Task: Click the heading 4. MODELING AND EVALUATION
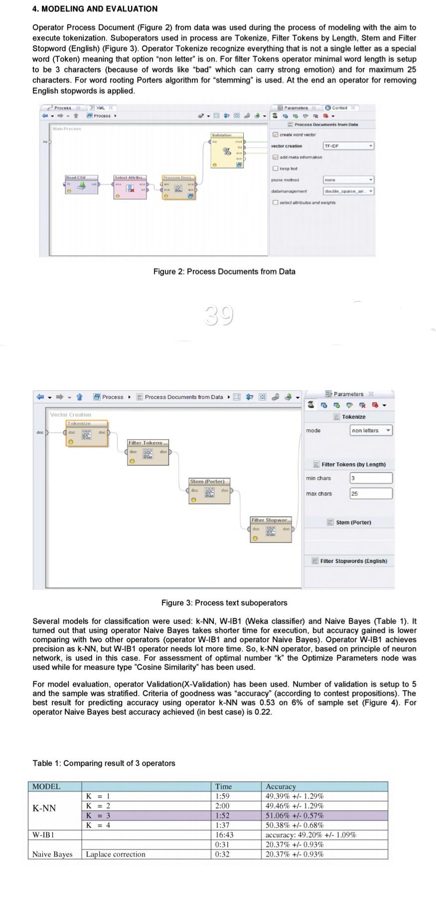click(95, 8)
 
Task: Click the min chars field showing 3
click(371, 478)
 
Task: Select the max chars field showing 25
click(371, 494)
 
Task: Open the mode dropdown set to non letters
click(371, 430)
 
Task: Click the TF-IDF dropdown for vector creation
click(348, 146)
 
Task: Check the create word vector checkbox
click(275, 135)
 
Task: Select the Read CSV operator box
click(81, 186)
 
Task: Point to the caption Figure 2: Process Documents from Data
click(224, 272)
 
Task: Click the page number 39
click(218, 316)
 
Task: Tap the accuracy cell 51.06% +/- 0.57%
click(294, 816)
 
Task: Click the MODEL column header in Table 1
click(46, 787)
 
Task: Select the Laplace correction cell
click(116, 854)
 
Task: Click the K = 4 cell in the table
click(98, 825)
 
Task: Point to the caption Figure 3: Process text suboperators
click(224, 603)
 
